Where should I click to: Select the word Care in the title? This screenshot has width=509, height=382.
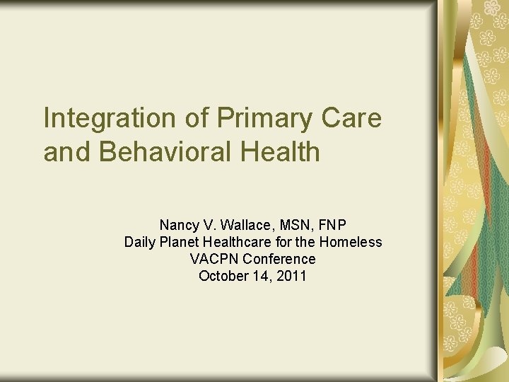click(x=353, y=119)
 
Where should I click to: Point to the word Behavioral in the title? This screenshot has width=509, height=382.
click(x=163, y=151)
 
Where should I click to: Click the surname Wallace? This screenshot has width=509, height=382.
click(x=242, y=225)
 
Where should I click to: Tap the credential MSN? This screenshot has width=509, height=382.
click(x=294, y=225)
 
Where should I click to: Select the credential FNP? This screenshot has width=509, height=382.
click(x=332, y=225)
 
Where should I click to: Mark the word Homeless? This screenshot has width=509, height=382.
click(x=351, y=242)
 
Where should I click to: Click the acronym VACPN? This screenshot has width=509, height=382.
click(x=215, y=259)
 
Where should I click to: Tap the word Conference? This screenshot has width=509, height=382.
click(x=279, y=259)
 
